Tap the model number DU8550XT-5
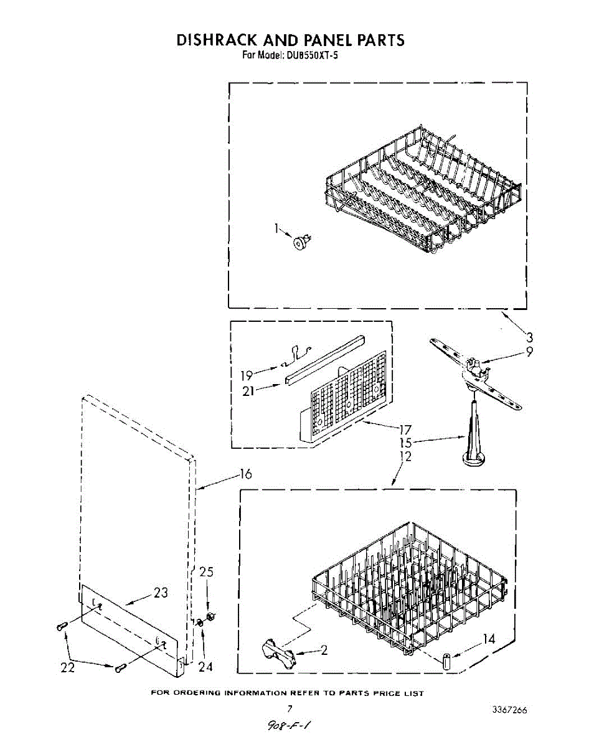tap(311, 55)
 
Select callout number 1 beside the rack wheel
tap(276, 228)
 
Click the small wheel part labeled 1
tap(302, 243)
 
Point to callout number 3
tap(529, 338)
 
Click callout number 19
tap(246, 375)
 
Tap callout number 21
tap(248, 392)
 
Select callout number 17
tap(406, 429)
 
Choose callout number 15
tap(406, 443)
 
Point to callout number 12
tap(405, 456)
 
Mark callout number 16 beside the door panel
tap(245, 474)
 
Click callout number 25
tap(206, 572)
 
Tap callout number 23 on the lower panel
tap(161, 593)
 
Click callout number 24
tap(205, 667)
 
